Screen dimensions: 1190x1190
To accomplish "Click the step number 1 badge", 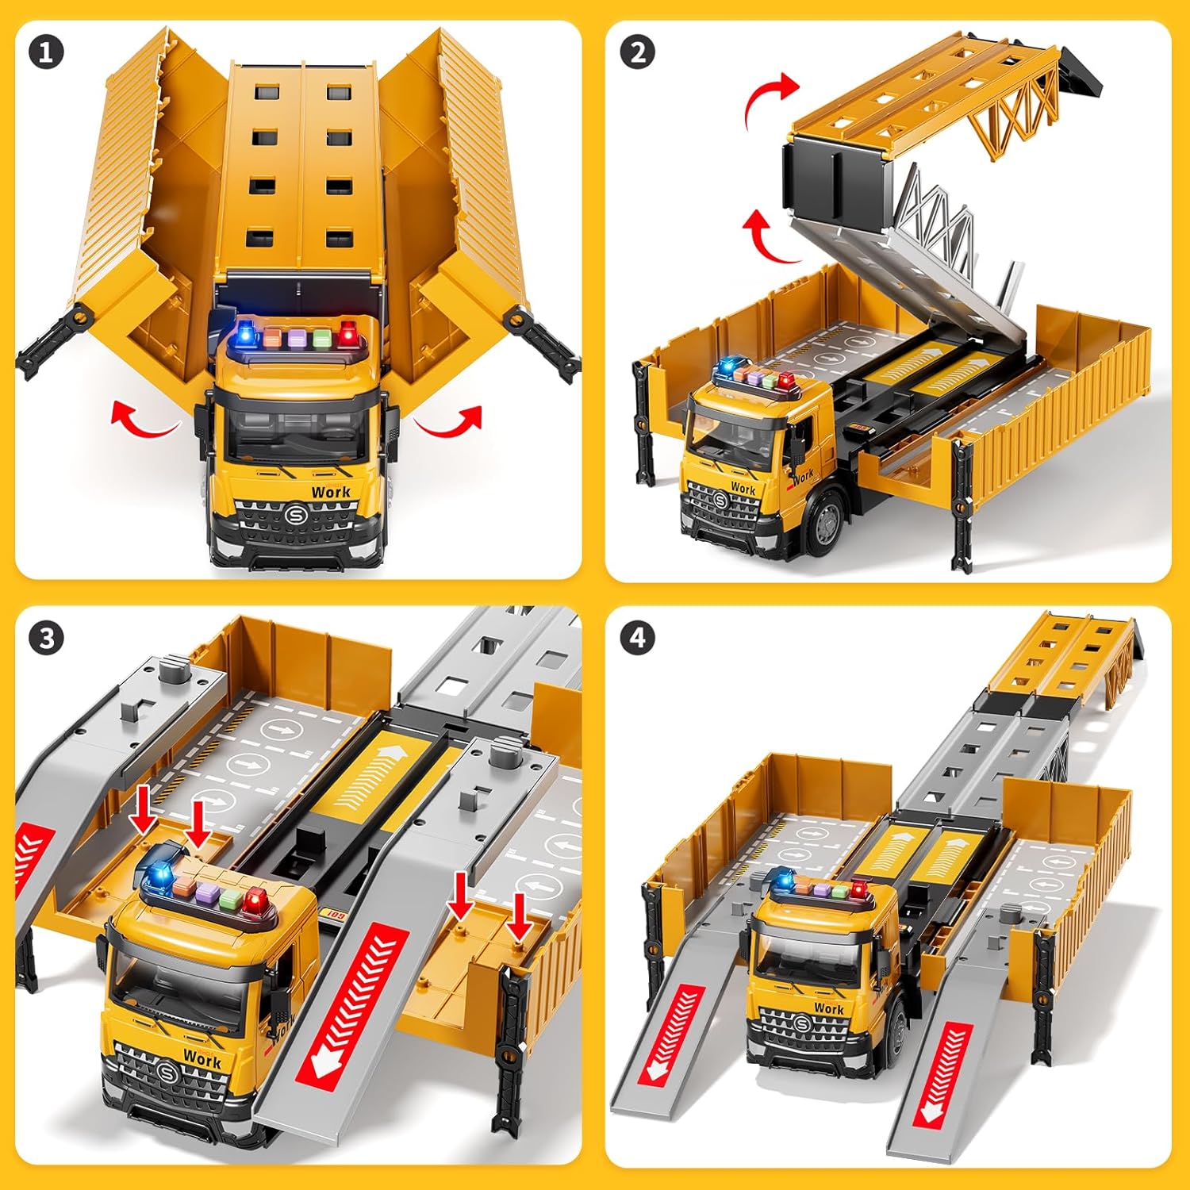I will (46, 53).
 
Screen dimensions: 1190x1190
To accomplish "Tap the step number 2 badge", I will (638, 53).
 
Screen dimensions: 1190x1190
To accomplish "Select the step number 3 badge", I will (46, 639).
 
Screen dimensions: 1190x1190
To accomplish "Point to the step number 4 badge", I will (638, 639).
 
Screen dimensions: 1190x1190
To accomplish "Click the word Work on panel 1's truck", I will (331, 492).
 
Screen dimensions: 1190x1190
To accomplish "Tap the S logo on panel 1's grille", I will (296, 514).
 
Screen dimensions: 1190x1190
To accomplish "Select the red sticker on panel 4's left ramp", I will (671, 1035).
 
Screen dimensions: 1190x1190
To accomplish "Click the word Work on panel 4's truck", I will (829, 1008).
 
